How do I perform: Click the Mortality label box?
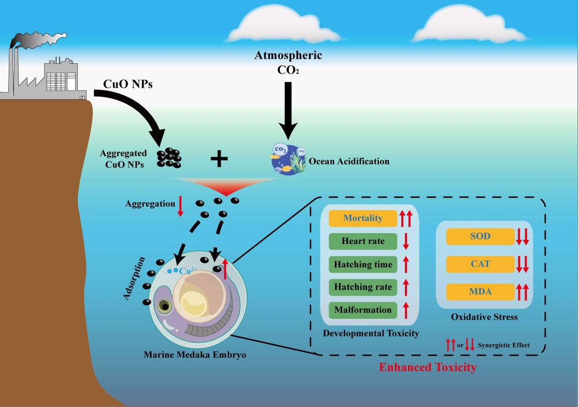[x=362, y=218]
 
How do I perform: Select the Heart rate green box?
[x=362, y=241]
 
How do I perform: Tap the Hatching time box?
[x=362, y=264]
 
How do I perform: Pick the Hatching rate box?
[x=362, y=287]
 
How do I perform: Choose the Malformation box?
[x=362, y=310]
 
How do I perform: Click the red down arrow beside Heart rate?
[x=406, y=242]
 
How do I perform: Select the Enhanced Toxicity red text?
[x=428, y=368]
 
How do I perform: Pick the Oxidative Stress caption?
[x=484, y=317]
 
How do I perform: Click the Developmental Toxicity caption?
[x=371, y=333]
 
